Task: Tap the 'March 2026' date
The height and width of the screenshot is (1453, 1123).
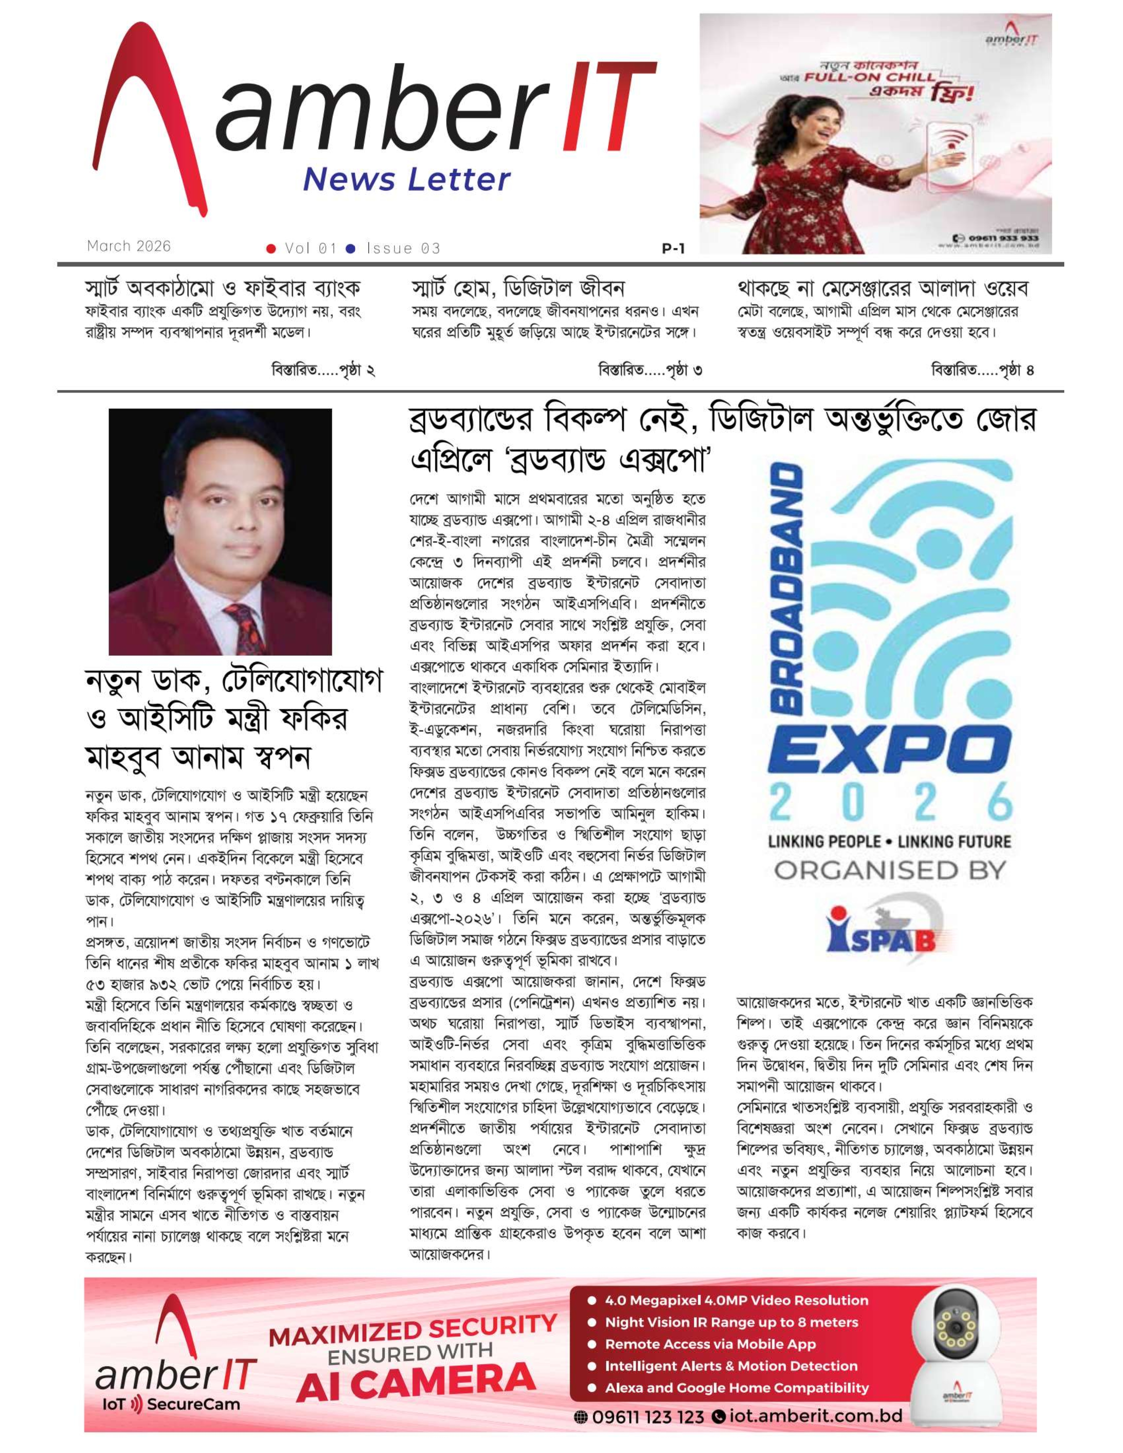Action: coord(128,246)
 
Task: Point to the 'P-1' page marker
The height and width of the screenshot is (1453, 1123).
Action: coord(673,249)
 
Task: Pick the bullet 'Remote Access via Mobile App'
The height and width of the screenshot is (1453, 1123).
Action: coord(710,1344)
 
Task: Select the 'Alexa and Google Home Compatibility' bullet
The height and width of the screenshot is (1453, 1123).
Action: coord(737,1388)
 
